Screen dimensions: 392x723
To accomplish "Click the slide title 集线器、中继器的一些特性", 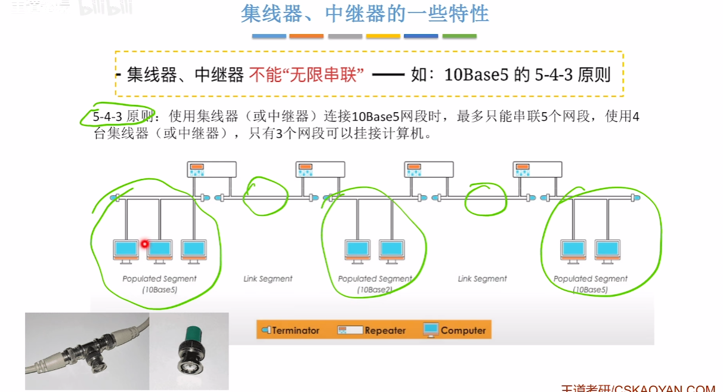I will pyautogui.click(x=364, y=14).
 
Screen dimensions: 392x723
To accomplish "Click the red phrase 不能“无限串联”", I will pyautogui.click(x=307, y=75).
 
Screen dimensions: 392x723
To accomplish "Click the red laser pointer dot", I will pyautogui.click(x=144, y=243).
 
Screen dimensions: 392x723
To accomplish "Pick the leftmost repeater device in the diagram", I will pyautogui.click(x=212, y=169).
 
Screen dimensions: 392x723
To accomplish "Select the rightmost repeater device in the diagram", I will pyautogui.click(x=537, y=169).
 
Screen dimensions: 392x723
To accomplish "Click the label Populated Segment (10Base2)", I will pyautogui.click(x=375, y=284).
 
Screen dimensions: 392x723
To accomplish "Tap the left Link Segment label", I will pyautogui.click(x=268, y=279).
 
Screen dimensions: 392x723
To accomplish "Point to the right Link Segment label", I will pyautogui.click(x=482, y=279).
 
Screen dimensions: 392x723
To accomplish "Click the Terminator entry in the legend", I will pyautogui.click(x=291, y=330).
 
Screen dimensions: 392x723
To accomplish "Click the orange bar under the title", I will pyautogui.click(x=306, y=36).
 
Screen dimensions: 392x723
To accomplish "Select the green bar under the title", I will pyautogui.click(x=459, y=36).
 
